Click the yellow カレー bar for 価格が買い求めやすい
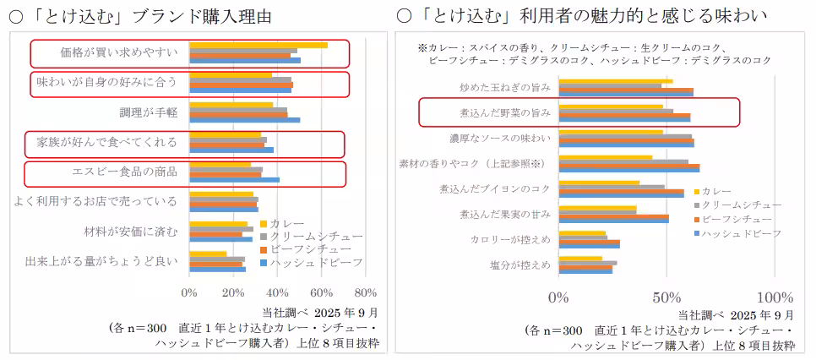pyautogui.click(x=258, y=45)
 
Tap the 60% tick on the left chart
pyautogui.click(x=321, y=293)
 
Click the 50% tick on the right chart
pyautogui.click(x=666, y=297)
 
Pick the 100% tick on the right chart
pyautogui.click(x=772, y=297)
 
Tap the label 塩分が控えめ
pyautogui.click(x=520, y=265)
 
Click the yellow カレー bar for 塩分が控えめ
pyautogui.click(x=580, y=259)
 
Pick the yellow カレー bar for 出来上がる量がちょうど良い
pyautogui.click(x=208, y=254)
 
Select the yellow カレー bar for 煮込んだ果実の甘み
pyautogui.click(x=597, y=208)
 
